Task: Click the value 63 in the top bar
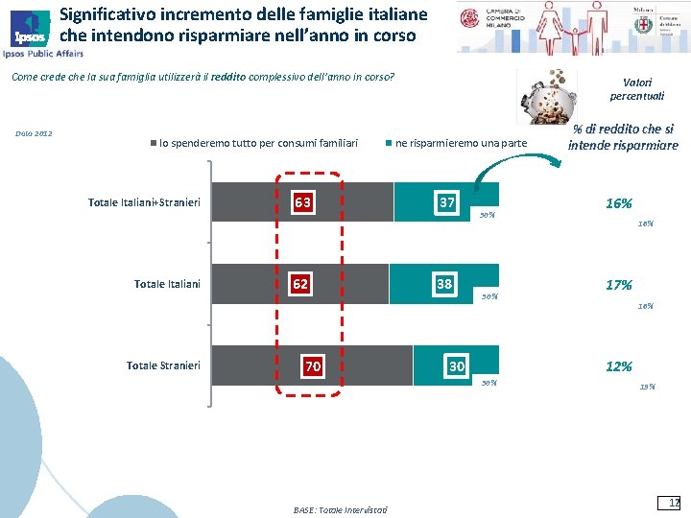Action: click(x=302, y=202)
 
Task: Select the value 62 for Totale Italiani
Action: click(x=300, y=284)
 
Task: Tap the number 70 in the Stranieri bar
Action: click(x=312, y=366)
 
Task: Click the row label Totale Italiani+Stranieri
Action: click(x=143, y=202)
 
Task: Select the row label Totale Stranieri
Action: click(x=163, y=365)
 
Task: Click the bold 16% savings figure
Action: click(x=619, y=203)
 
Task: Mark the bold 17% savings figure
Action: click(x=619, y=285)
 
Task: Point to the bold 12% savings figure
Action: click(x=619, y=366)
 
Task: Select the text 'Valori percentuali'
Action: click(x=636, y=89)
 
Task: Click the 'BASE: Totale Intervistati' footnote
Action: click(x=340, y=509)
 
